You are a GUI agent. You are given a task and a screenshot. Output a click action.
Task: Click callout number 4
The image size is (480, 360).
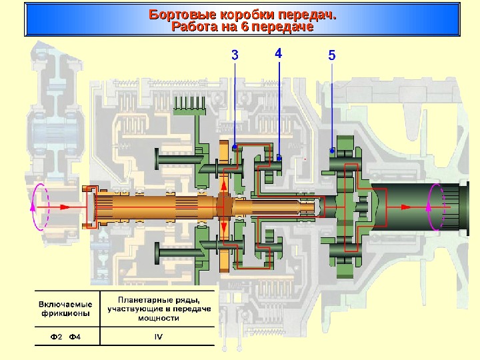coord(278,53)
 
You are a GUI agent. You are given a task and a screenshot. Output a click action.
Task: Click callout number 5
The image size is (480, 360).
coord(331,55)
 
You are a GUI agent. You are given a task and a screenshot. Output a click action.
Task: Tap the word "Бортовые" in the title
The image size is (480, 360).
coord(179,15)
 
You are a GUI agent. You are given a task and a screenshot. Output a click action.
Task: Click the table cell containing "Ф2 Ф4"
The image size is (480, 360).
coord(65,336)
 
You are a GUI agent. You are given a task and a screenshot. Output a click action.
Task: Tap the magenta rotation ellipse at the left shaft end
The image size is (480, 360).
coord(40,207)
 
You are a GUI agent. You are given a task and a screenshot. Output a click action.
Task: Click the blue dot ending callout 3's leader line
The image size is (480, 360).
coord(235,147)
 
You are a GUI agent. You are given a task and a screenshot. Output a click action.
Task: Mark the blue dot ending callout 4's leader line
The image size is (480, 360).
coord(279,158)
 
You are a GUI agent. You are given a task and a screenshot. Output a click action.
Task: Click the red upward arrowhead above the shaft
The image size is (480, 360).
coord(224,184)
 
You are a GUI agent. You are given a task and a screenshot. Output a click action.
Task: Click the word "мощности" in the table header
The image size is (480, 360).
coord(159,318)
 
